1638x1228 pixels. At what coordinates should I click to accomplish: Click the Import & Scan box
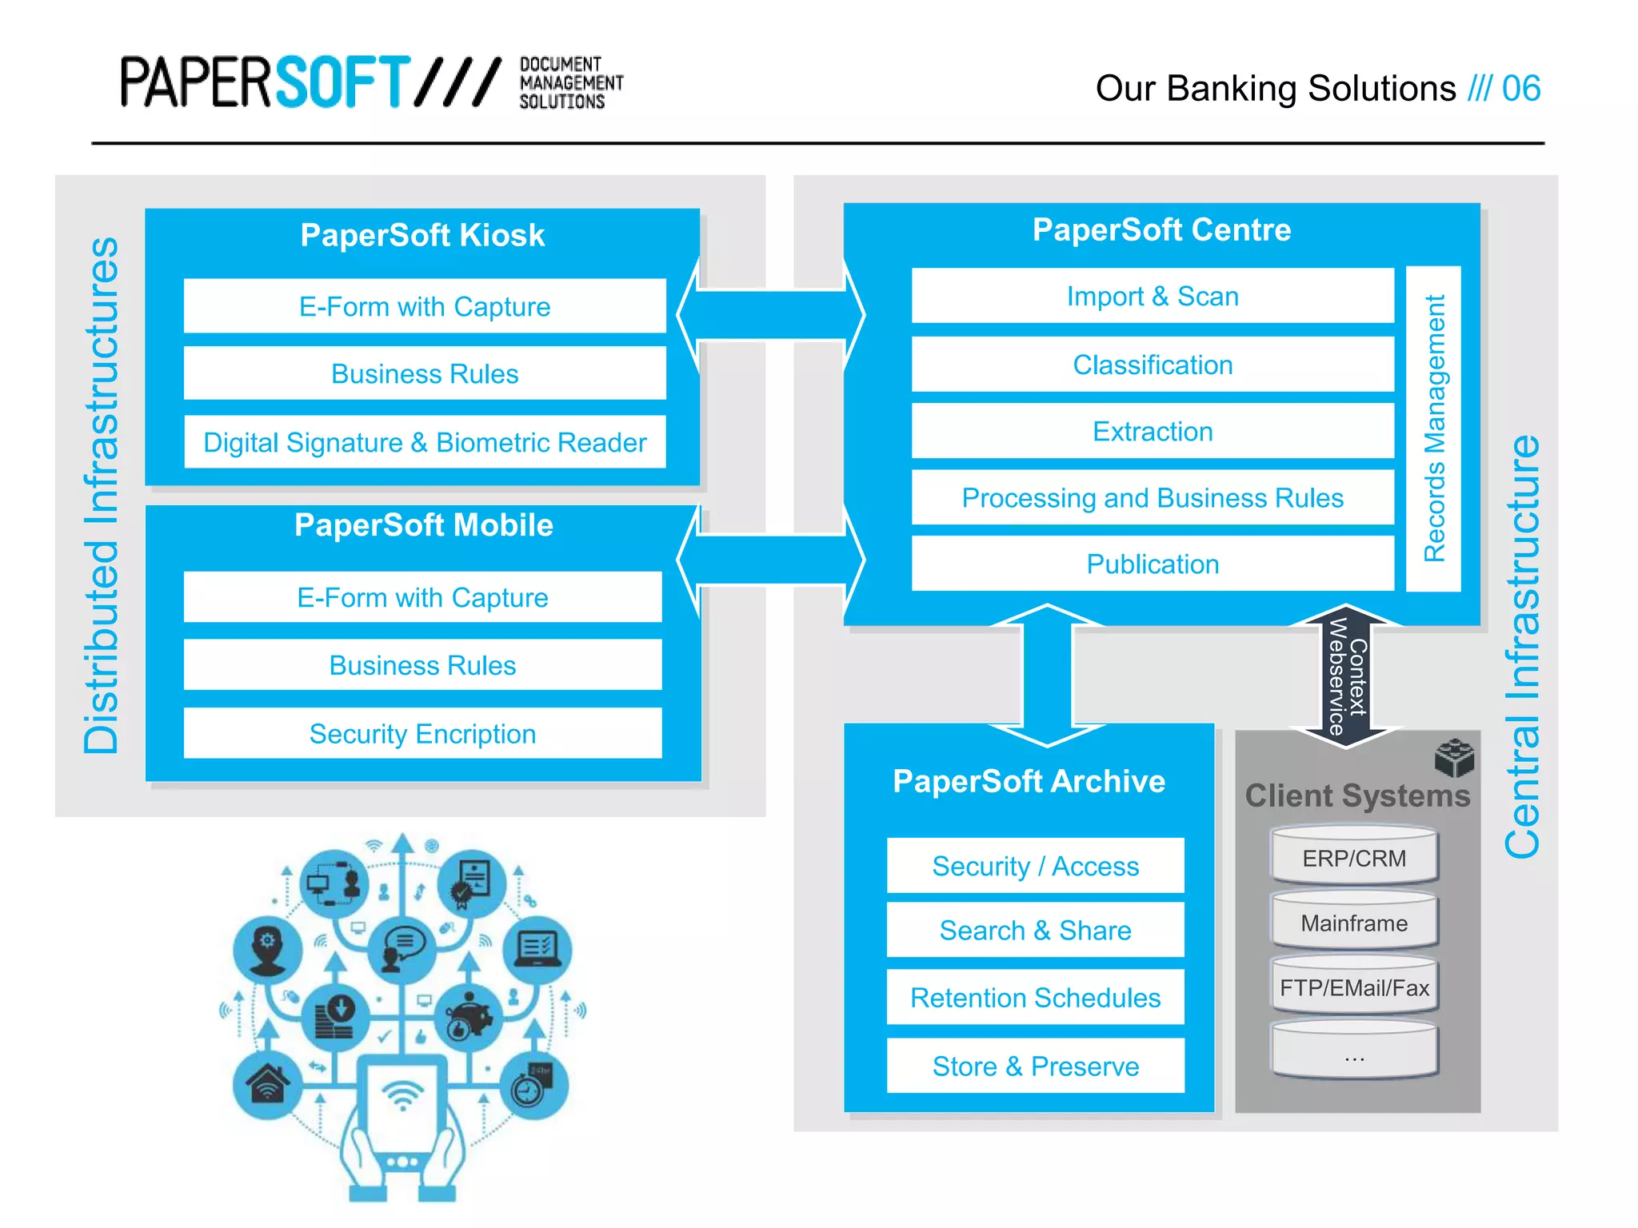tap(1152, 297)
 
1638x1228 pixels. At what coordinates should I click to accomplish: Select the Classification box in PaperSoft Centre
tap(1152, 365)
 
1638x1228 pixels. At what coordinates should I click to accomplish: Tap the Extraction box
tap(1152, 432)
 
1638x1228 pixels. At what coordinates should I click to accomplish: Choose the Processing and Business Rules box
tap(1152, 498)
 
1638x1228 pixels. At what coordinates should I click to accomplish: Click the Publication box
tap(1152, 564)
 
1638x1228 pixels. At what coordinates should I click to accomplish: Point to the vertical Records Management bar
tap(1433, 429)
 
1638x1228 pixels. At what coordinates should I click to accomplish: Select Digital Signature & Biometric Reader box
tap(425, 442)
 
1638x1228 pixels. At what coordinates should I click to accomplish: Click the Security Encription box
tap(422, 734)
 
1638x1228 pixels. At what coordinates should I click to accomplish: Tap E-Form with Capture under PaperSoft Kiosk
tap(425, 307)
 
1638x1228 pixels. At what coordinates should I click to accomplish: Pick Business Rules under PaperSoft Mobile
tap(422, 665)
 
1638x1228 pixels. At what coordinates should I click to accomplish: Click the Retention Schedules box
tap(1035, 998)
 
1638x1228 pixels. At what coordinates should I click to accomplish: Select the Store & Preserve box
tap(1035, 1067)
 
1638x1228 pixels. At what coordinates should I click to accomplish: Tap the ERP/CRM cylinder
tap(1354, 858)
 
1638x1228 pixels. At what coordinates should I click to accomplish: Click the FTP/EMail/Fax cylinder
tap(1354, 988)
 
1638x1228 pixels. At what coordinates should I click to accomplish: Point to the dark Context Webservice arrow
tap(1347, 676)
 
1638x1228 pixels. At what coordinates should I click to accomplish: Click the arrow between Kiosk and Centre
tap(771, 315)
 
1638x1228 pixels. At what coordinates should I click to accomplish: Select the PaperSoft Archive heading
tap(1029, 781)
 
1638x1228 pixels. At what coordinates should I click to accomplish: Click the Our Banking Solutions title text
tap(1276, 89)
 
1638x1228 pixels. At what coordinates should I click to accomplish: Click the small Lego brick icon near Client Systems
tap(1453, 757)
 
